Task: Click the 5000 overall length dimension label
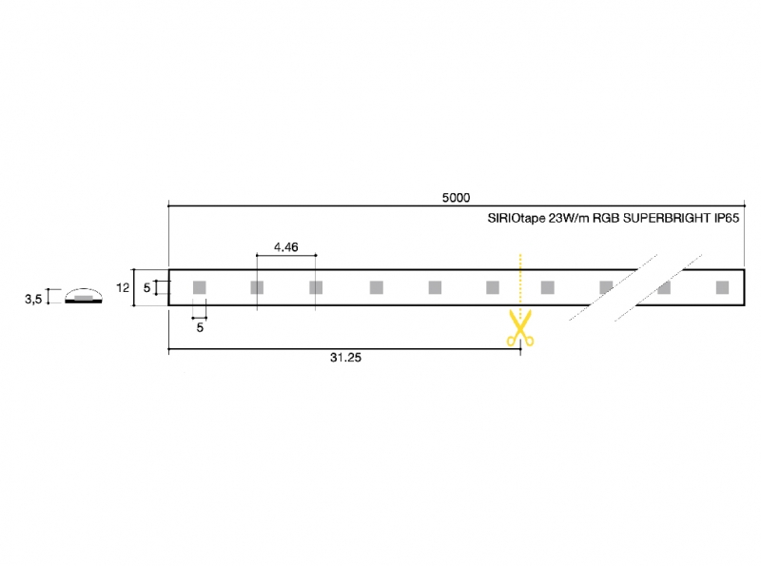pos(456,198)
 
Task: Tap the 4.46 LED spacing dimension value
pos(286,247)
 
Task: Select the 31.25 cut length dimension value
pos(345,358)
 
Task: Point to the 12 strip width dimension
pos(123,288)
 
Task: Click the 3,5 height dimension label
pos(33,299)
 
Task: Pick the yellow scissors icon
pos(520,327)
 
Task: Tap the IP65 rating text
pos(727,218)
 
